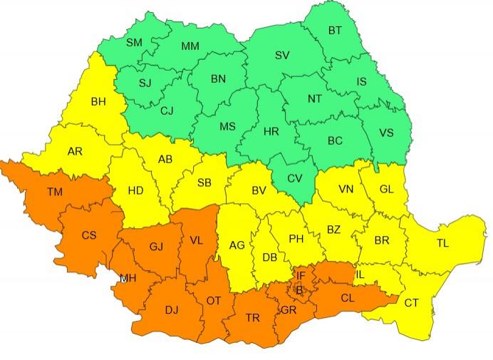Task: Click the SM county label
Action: [134, 43]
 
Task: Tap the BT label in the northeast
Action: [334, 30]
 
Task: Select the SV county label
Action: [282, 55]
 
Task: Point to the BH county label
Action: [98, 102]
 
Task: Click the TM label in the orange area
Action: [54, 192]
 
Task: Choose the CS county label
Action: [89, 235]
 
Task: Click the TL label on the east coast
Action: [442, 244]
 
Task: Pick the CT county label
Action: [412, 303]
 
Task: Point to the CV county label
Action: [294, 178]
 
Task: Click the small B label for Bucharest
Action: [299, 289]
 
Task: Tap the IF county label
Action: [301, 275]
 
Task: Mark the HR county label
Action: [271, 133]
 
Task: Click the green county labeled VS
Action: [386, 133]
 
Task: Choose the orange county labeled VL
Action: [196, 240]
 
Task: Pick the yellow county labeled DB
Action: [270, 257]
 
